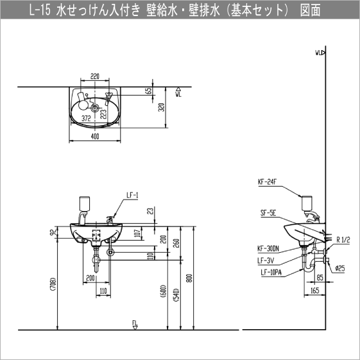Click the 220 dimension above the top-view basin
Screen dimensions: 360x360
pyautogui.click(x=95, y=76)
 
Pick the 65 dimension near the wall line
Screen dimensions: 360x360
pyautogui.click(x=149, y=91)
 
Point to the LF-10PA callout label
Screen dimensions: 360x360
pyautogui.click(x=270, y=272)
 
